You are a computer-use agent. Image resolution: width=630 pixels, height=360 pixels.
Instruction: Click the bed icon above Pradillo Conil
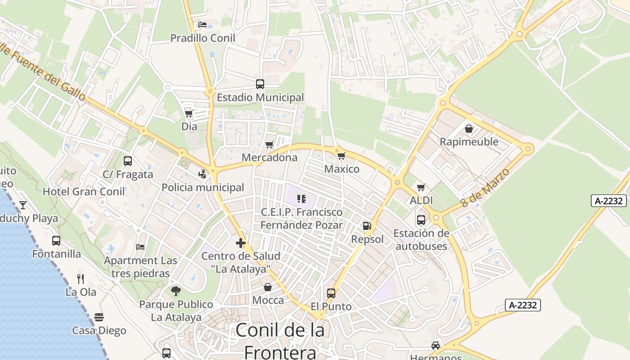pos(202,25)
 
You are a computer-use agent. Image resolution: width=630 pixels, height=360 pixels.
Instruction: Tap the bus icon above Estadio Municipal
pos(260,84)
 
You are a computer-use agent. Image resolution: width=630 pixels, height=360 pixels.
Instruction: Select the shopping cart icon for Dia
pos(189,113)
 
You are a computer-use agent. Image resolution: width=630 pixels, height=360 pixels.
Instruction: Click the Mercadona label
pos(270,157)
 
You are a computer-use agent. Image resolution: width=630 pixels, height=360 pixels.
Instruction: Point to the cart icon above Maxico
pos(342,156)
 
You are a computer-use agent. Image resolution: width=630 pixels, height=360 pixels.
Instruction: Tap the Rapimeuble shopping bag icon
pos(469,129)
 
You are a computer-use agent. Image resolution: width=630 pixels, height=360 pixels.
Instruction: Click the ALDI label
pos(421,201)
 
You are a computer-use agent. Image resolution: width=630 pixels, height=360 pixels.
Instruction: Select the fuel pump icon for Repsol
pos(367,226)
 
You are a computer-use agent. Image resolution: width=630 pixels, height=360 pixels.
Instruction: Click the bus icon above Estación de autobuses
pos(421,220)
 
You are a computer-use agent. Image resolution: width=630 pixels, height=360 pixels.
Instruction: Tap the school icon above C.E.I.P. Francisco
pos(301,198)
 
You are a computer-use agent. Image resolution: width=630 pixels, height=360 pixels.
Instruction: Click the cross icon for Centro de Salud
pos(241,243)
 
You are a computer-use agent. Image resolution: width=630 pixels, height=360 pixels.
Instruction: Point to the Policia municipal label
pos(203,188)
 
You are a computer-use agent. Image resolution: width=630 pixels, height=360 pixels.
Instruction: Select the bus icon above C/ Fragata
pos(128,161)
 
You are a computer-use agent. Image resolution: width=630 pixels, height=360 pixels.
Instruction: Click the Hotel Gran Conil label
pos(84,192)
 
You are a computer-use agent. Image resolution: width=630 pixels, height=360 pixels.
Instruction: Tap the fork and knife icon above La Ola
pos(81,279)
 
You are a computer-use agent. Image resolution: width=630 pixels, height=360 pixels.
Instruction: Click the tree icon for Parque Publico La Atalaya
pos(176,291)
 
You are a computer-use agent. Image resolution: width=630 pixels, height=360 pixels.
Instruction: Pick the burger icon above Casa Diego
pos(99,317)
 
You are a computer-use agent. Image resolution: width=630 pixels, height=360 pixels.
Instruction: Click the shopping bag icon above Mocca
pos(268,287)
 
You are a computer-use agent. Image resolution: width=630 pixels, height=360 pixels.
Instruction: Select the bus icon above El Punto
pos(331,293)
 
